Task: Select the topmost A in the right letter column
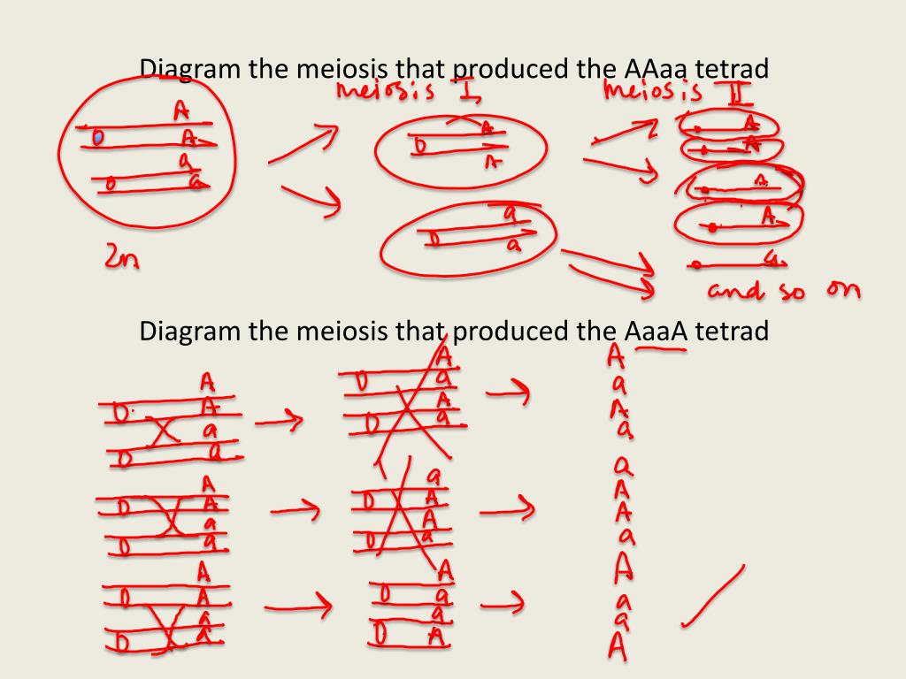coord(616,355)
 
